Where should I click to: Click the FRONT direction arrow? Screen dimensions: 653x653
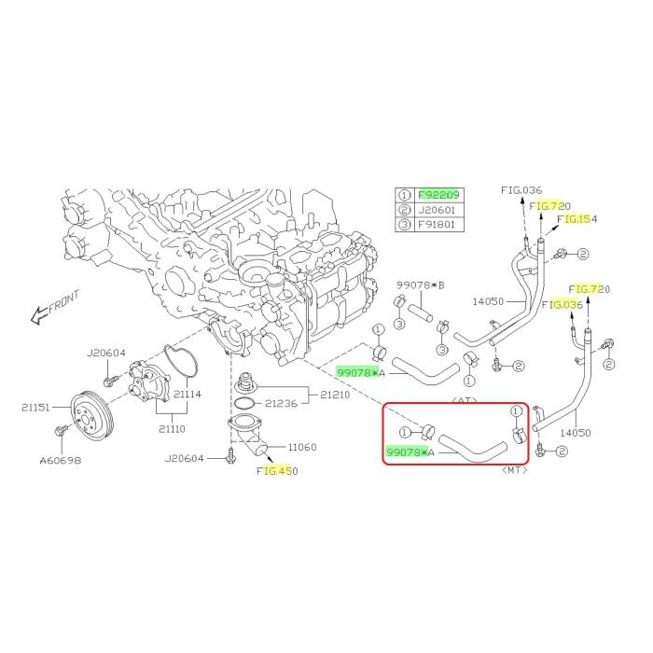(x=39, y=315)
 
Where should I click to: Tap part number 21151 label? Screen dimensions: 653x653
(x=35, y=408)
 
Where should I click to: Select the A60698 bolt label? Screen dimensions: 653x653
(x=61, y=461)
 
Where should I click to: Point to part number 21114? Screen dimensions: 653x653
(x=187, y=394)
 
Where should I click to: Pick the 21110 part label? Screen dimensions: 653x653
(x=172, y=428)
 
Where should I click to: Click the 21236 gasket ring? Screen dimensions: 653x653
(x=244, y=404)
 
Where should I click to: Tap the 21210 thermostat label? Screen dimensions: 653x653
(x=335, y=395)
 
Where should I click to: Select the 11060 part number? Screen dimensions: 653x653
(x=302, y=447)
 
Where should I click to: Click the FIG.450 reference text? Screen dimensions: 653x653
(x=277, y=471)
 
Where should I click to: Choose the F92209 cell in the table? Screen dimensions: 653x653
(x=438, y=195)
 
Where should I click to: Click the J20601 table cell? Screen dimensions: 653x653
(x=437, y=210)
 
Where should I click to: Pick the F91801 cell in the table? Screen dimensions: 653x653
(x=437, y=225)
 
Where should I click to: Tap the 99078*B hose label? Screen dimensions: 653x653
(x=421, y=285)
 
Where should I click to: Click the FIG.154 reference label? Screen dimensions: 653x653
(x=577, y=219)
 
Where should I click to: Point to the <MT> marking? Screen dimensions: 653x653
(x=515, y=470)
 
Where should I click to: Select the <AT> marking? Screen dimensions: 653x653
(x=465, y=400)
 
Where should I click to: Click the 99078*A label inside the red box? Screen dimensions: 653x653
(x=410, y=452)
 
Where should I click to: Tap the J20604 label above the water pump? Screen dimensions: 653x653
(x=106, y=354)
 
